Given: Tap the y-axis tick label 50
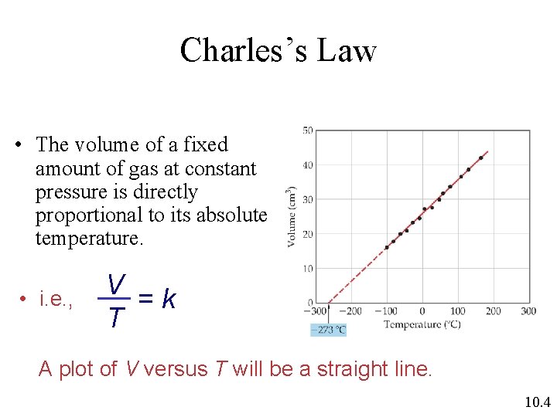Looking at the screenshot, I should pyautogui.click(x=307, y=131).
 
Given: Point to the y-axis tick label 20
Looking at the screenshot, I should pyautogui.click(x=307, y=234).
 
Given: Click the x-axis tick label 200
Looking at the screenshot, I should pyautogui.click(x=493, y=311).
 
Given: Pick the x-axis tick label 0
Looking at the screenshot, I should pyautogui.click(x=422, y=311).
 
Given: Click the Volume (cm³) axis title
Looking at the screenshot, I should pyautogui.click(x=292, y=216).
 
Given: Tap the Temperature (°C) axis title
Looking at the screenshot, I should pyautogui.click(x=422, y=324).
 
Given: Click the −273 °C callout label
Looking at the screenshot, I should pyautogui.click(x=328, y=330).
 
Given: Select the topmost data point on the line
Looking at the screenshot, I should pyautogui.click(x=481, y=158).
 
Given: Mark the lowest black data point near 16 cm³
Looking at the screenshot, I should pyautogui.click(x=387, y=247).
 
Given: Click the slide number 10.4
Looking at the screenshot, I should pyautogui.click(x=536, y=401).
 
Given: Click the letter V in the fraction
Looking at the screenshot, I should pyautogui.click(x=117, y=285).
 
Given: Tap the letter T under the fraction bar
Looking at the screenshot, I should pyautogui.click(x=116, y=317).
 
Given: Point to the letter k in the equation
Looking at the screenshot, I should pyautogui.click(x=169, y=299).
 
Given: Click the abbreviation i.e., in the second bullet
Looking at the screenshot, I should pyautogui.click(x=56, y=300).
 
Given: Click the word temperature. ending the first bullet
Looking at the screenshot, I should pyautogui.click(x=89, y=239).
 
